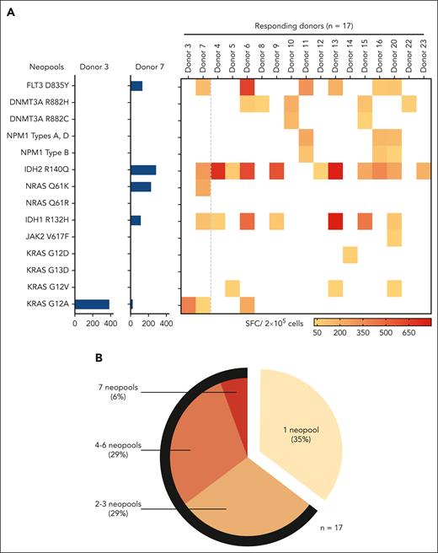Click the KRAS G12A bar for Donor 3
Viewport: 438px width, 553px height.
point(92,303)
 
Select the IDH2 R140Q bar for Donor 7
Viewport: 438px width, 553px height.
point(143,170)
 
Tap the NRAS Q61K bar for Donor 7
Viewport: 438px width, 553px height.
point(141,186)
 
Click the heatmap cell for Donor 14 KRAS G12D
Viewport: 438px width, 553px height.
point(350,254)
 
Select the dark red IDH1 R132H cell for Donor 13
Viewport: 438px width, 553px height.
point(335,221)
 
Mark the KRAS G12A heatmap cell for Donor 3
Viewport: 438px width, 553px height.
point(189,303)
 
